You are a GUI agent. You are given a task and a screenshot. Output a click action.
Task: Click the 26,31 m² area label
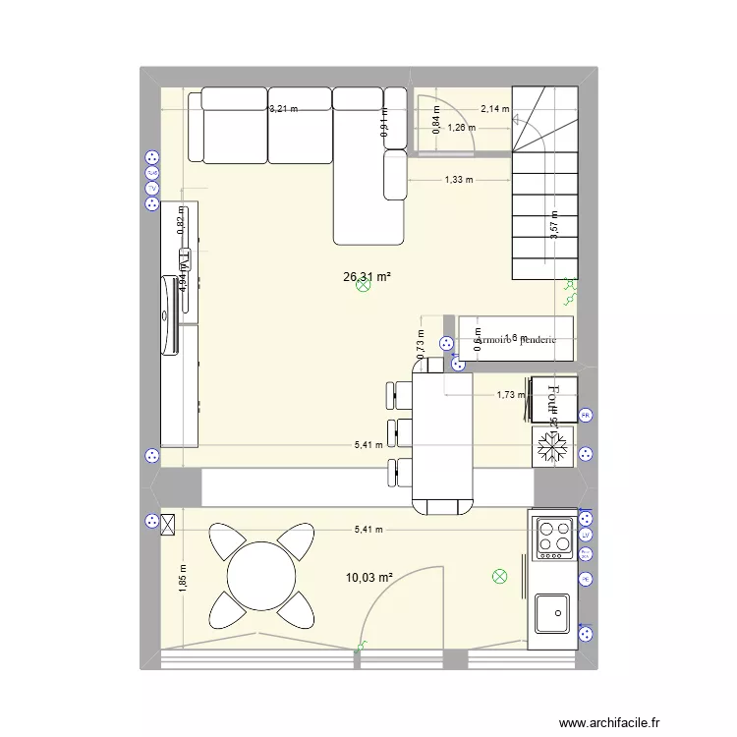click(367, 277)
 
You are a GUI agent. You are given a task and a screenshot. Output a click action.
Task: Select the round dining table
click(260, 577)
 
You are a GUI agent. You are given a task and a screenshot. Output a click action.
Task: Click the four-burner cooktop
click(554, 539)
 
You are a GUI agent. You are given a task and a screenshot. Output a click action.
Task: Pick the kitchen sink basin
click(552, 613)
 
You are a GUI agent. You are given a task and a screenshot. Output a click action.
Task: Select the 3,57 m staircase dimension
click(554, 225)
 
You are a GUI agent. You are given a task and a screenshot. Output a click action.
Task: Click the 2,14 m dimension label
click(494, 109)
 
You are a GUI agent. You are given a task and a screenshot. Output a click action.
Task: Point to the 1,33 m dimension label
click(458, 180)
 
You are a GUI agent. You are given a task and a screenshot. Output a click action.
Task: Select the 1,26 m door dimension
click(460, 127)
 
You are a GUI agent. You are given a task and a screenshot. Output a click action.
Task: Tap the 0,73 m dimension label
click(420, 345)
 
